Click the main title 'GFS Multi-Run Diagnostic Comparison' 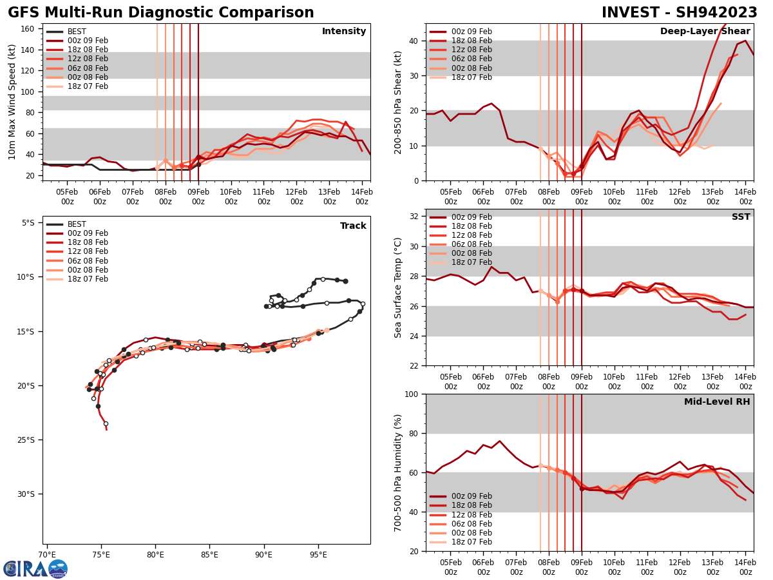161,13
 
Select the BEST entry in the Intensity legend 77,32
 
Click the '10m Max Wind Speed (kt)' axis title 12,102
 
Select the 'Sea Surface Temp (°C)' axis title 398,287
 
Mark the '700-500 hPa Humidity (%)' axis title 398,472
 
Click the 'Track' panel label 353,226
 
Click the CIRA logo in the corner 35,568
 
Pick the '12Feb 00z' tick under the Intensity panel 296,197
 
